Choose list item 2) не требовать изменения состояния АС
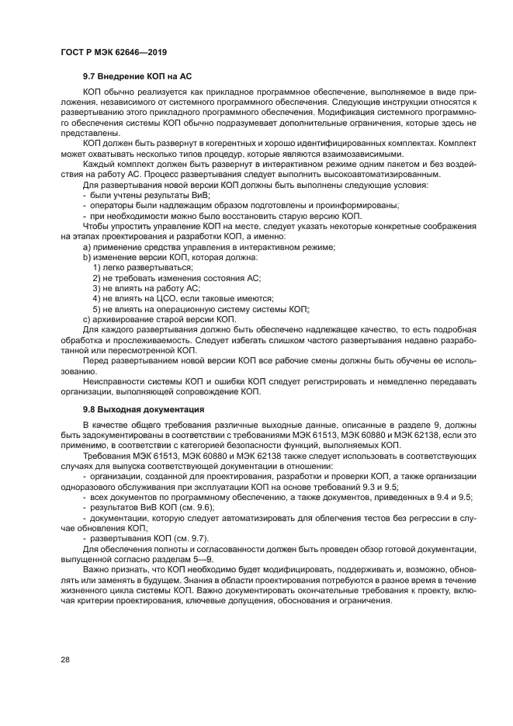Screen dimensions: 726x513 click(176, 277)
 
